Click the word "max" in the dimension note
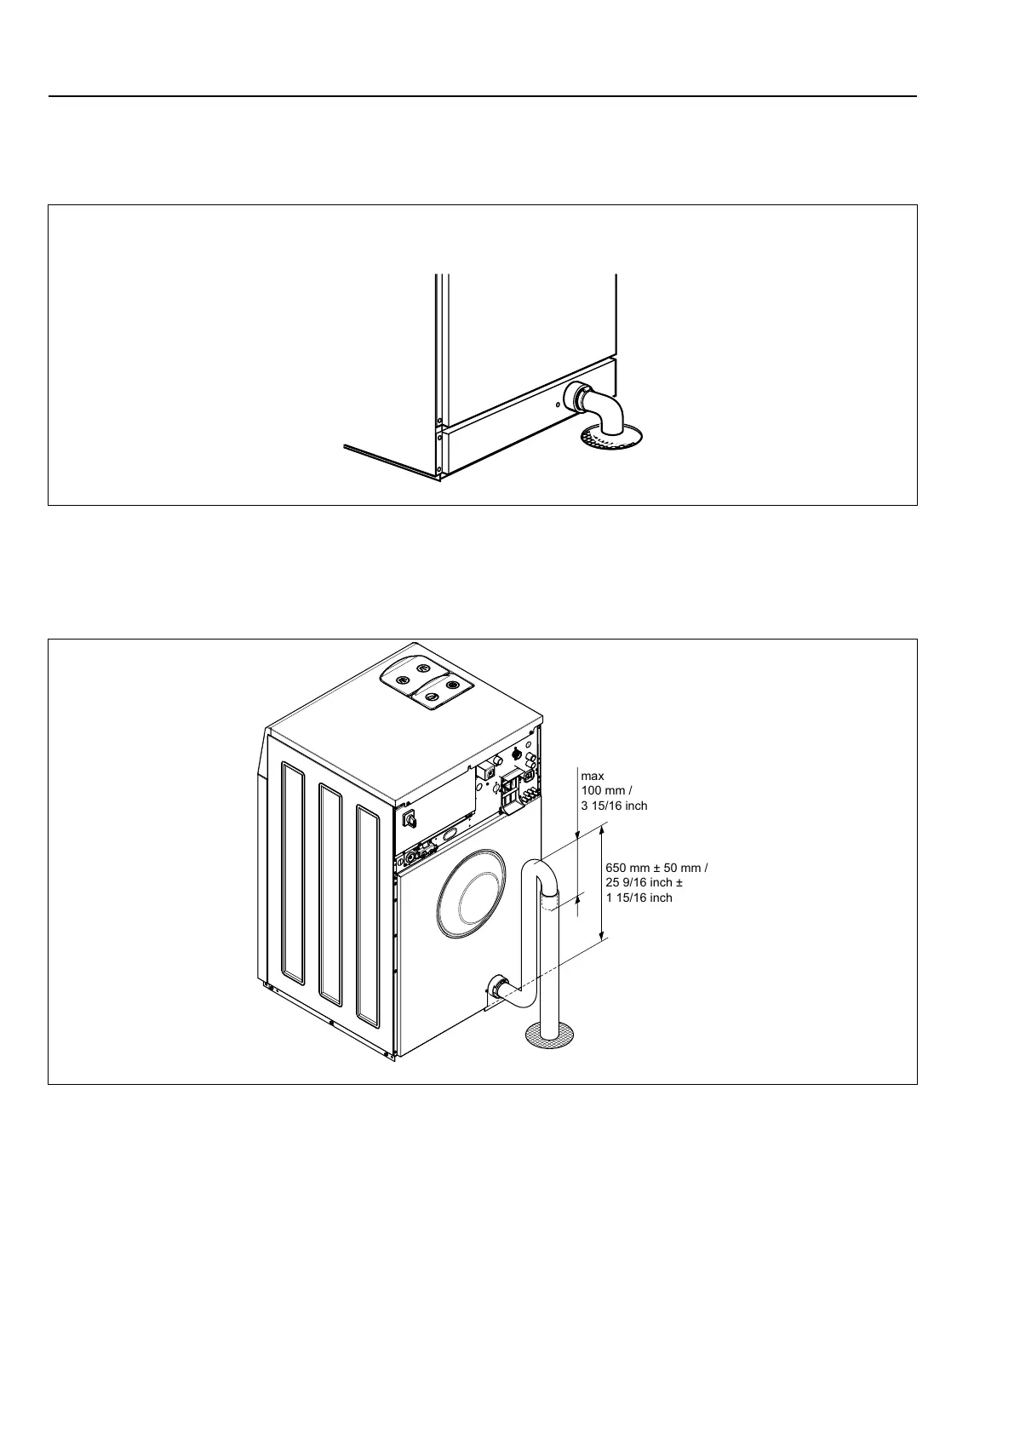[x=593, y=776]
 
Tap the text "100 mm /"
[x=606, y=791]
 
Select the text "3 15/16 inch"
[x=614, y=806]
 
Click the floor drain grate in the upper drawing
[x=610, y=438]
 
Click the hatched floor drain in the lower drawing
[x=546, y=1034]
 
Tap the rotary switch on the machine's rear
[x=409, y=819]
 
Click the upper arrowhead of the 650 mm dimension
[x=603, y=828]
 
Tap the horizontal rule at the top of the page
[x=482, y=96]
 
